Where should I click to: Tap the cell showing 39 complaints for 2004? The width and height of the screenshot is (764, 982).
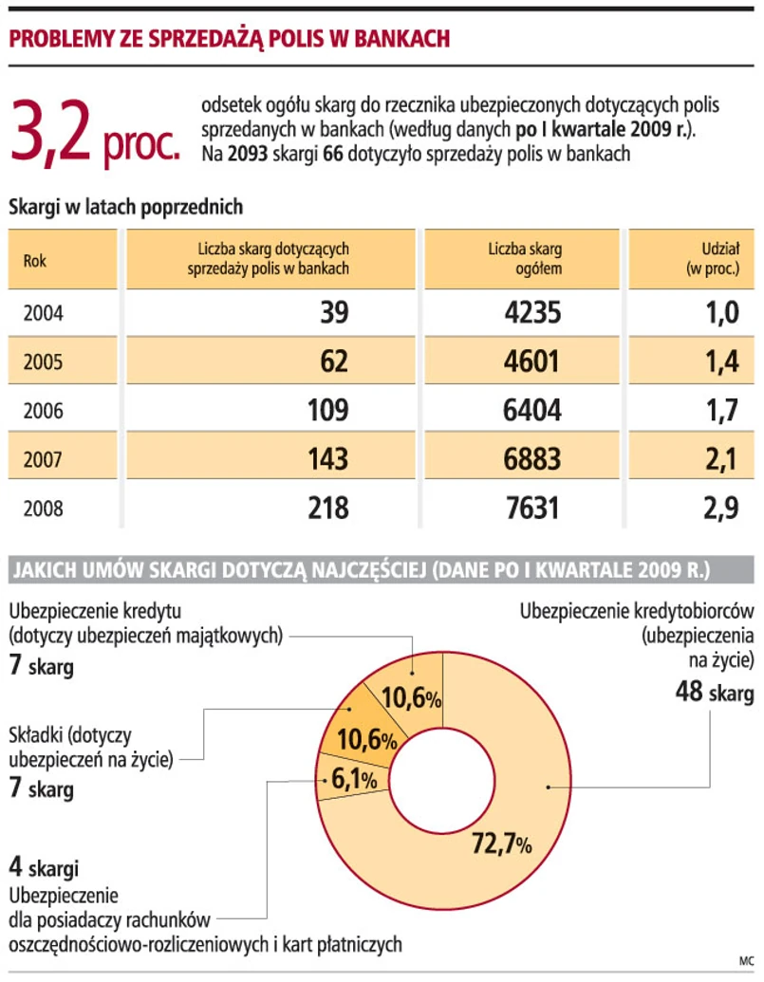334,312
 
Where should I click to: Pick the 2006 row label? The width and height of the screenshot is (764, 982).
43,411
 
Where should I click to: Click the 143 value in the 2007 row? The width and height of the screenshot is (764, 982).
327,459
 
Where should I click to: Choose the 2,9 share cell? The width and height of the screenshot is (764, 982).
720,509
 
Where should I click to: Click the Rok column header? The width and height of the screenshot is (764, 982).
34,259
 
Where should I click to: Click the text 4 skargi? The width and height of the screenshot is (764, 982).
44,866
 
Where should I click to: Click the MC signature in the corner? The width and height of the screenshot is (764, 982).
744,959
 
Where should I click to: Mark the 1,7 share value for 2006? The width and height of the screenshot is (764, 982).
720,411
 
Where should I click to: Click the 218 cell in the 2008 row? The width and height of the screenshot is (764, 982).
327,509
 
